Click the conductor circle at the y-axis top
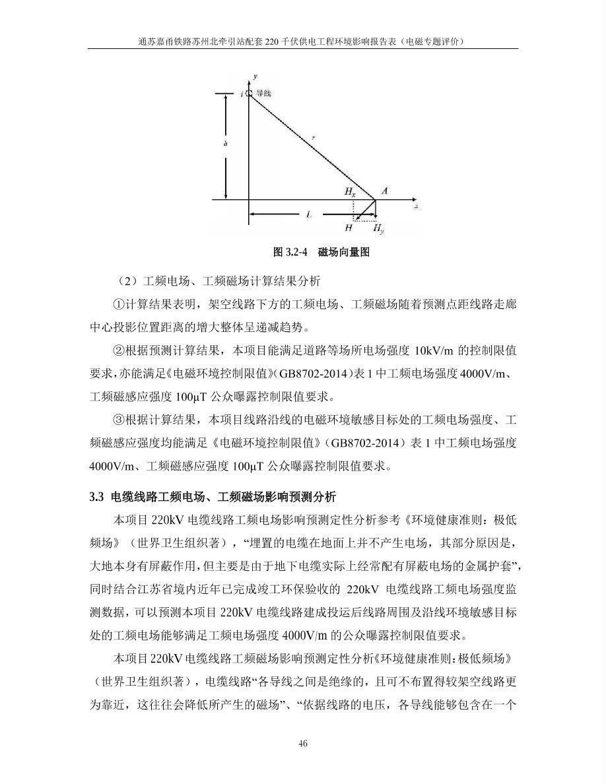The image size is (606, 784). click(x=249, y=94)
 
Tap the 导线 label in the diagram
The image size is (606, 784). click(x=263, y=94)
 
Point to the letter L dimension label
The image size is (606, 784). click(x=308, y=214)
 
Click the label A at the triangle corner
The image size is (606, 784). click(x=385, y=191)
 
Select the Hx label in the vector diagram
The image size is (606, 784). click(x=349, y=191)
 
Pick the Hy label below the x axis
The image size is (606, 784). click(x=378, y=228)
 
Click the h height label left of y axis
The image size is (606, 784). click(x=225, y=143)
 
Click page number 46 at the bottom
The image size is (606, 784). click(x=303, y=744)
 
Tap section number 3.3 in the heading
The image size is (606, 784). click(x=97, y=496)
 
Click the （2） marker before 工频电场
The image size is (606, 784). click(x=124, y=281)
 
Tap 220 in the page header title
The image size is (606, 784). click(x=273, y=41)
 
